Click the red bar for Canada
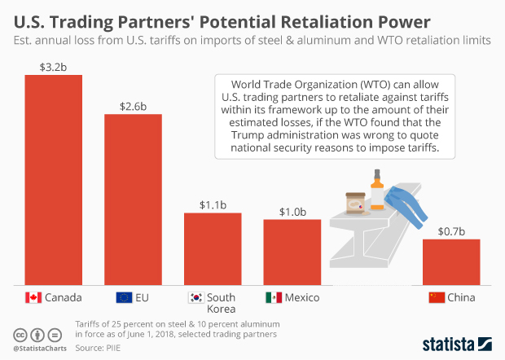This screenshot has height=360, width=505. tap(54, 179)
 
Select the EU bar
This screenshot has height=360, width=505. tap(133, 199)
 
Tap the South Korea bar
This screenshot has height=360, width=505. tap(213, 248)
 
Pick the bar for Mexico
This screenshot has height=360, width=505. tap(292, 251)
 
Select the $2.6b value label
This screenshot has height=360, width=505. tap(133, 106)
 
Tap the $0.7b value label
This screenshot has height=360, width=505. tap(450, 231)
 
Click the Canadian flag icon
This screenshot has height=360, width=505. tap(33, 297)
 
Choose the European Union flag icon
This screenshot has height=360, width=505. tap(125, 297)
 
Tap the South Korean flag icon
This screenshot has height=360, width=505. tap(195, 297)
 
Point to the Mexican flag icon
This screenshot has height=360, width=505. tap(274, 297)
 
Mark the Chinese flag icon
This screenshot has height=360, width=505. tap(437, 297)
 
